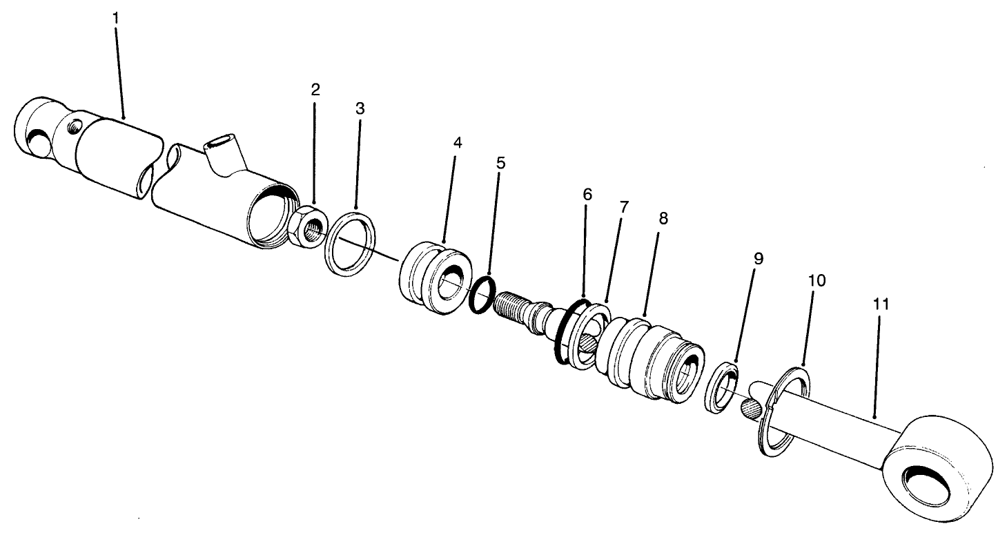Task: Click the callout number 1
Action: point(115,17)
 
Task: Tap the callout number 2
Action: point(315,89)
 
